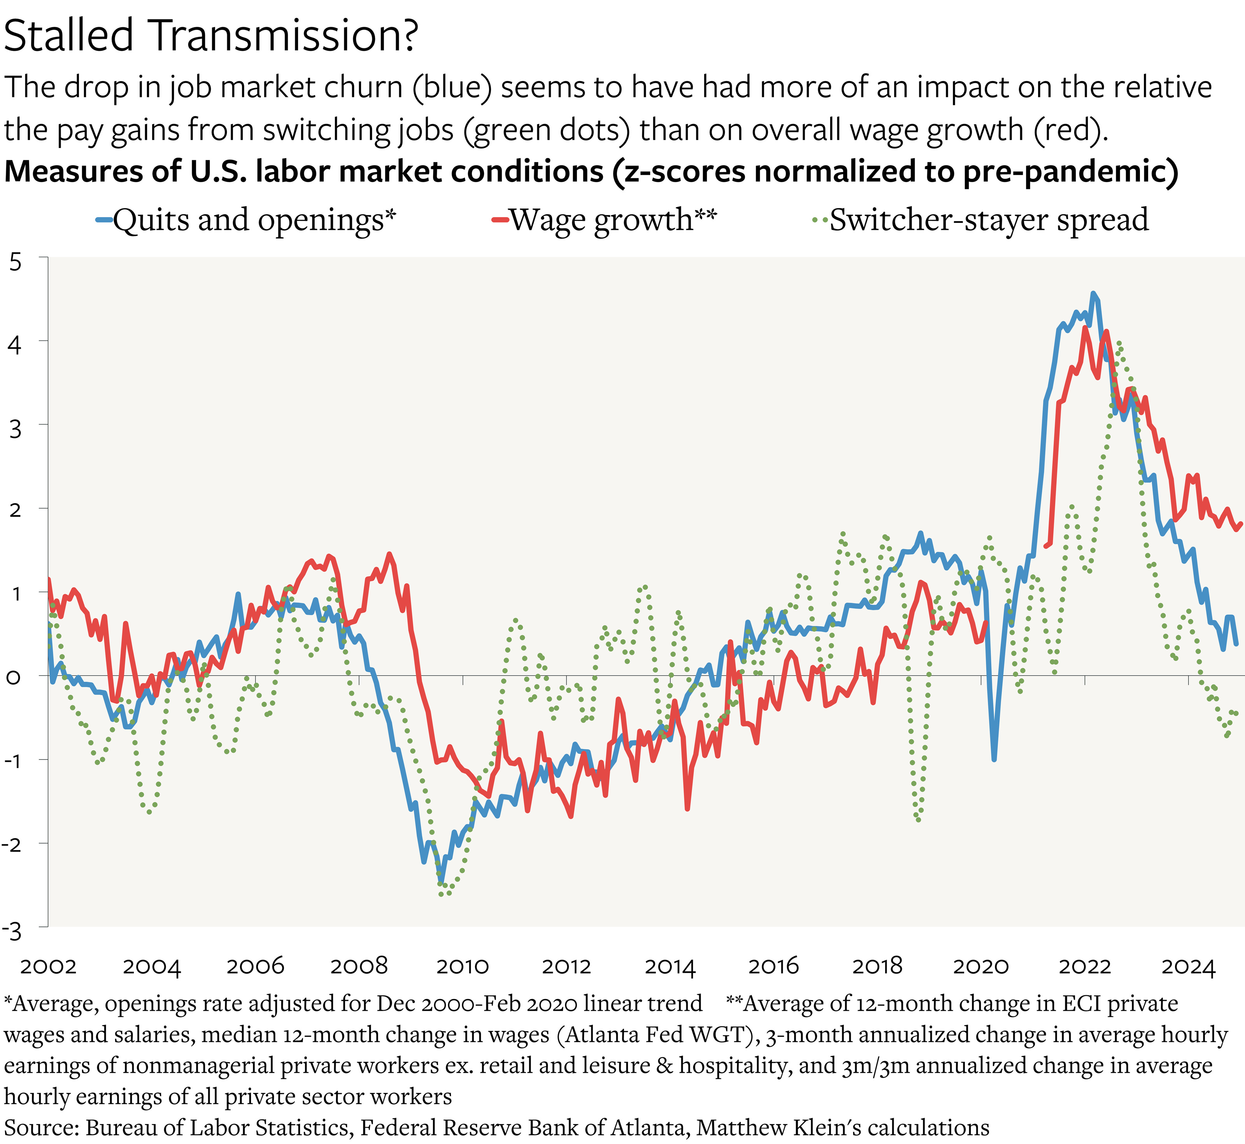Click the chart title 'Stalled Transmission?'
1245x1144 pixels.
(x=210, y=36)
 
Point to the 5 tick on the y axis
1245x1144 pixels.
(x=16, y=262)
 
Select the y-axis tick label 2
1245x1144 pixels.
(x=16, y=510)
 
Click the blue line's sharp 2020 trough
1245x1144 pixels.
(x=994, y=760)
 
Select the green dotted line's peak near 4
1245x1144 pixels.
(x=1118, y=342)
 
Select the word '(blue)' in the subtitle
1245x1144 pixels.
(x=452, y=87)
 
